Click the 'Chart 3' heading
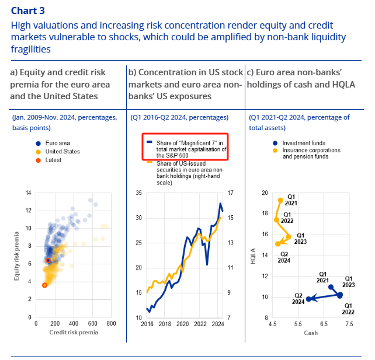click(x=27, y=11)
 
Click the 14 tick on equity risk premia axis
click(x=27, y=193)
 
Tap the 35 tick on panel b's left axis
click(x=138, y=193)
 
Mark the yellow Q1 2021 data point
click(x=280, y=201)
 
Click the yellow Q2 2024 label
click(x=284, y=257)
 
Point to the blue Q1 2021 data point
click(x=331, y=287)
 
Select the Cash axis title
click(x=311, y=332)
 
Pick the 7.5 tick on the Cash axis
click(x=349, y=323)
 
